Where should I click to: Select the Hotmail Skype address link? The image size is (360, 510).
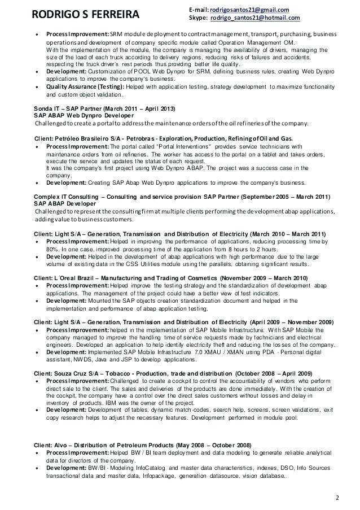pyautogui.click(x=254, y=18)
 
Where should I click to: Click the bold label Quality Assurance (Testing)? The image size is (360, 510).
pyautogui.click(x=78, y=88)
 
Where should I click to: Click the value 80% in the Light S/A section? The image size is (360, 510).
pyautogui.click(x=52, y=249)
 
